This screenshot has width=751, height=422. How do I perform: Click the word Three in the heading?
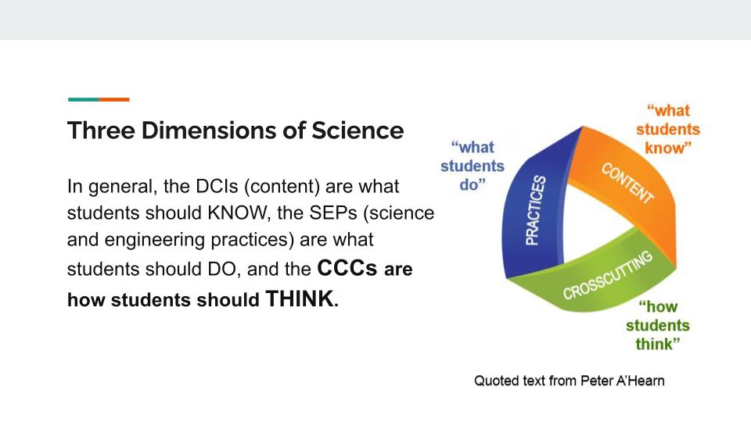pyautogui.click(x=101, y=131)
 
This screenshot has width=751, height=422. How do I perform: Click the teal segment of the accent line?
pyautogui.click(x=84, y=99)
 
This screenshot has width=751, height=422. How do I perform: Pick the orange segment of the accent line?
pyautogui.click(x=114, y=99)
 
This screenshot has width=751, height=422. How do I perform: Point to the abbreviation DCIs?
pyautogui.click(x=217, y=186)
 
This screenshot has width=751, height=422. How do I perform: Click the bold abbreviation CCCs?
pyautogui.click(x=347, y=268)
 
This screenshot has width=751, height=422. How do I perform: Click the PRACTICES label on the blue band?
pyautogui.click(x=535, y=210)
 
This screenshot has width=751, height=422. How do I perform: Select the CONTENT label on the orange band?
pyautogui.click(x=627, y=183)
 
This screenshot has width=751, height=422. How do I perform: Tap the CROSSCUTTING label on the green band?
pyautogui.click(x=607, y=275)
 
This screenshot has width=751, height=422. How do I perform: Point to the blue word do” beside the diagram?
pyautogui.click(x=473, y=184)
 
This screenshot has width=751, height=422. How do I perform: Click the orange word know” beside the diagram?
pyautogui.click(x=668, y=148)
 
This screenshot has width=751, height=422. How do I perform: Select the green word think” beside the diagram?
pyautogui.click(x=658, y=344)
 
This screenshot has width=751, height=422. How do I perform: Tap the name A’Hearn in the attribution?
pyautogui.click(x=641, y=381)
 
